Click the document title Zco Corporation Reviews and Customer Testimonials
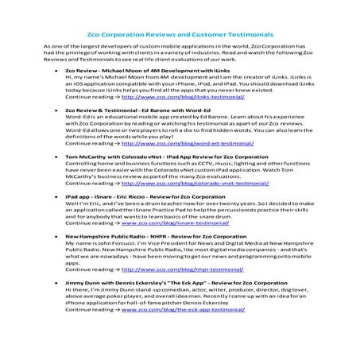point(180,35)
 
